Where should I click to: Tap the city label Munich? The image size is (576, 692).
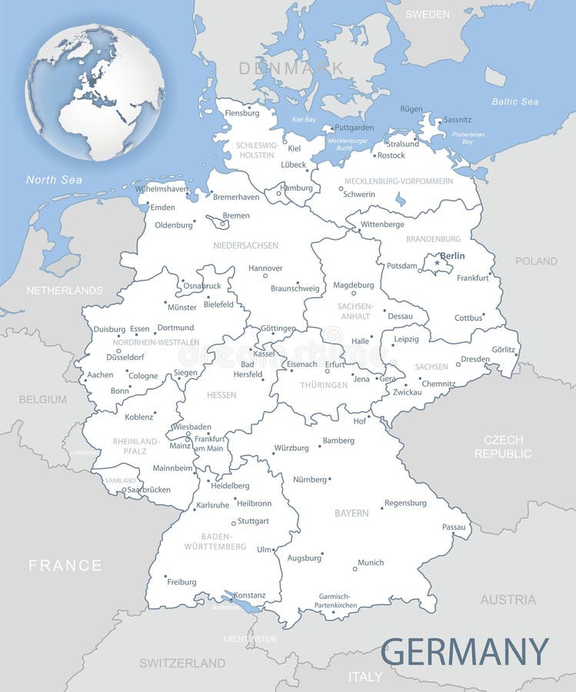[x=371, y=563]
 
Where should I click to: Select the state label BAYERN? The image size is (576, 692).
[x=351, y=513]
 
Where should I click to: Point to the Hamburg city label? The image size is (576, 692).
[x=297, y=188]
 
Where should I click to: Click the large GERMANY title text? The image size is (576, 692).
[x=464, y=652]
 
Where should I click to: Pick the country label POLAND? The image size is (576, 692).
[x=536, y=261]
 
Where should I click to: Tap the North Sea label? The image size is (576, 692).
[x=54, y=180]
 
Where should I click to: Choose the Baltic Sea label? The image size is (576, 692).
[x=515, y=101]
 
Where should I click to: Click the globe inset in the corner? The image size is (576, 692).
[x=95, y=92]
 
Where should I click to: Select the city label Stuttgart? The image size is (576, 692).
[x=253, y=521]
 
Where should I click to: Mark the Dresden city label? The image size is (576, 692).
[x=475, y=359]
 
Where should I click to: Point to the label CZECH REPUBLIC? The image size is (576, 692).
[x=503, y=447]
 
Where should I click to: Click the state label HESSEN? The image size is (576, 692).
[x=221, y=395]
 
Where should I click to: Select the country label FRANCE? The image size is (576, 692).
[x=65, y=565]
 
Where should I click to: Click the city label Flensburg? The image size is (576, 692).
[x=242, y=114]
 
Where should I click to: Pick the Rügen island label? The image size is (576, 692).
[x=411, y=109]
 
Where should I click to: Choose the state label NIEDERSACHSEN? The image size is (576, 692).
[x=246, y=246]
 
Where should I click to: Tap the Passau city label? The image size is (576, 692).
[x=454, y=527]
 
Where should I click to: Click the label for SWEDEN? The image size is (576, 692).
[x=428, y=14]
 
